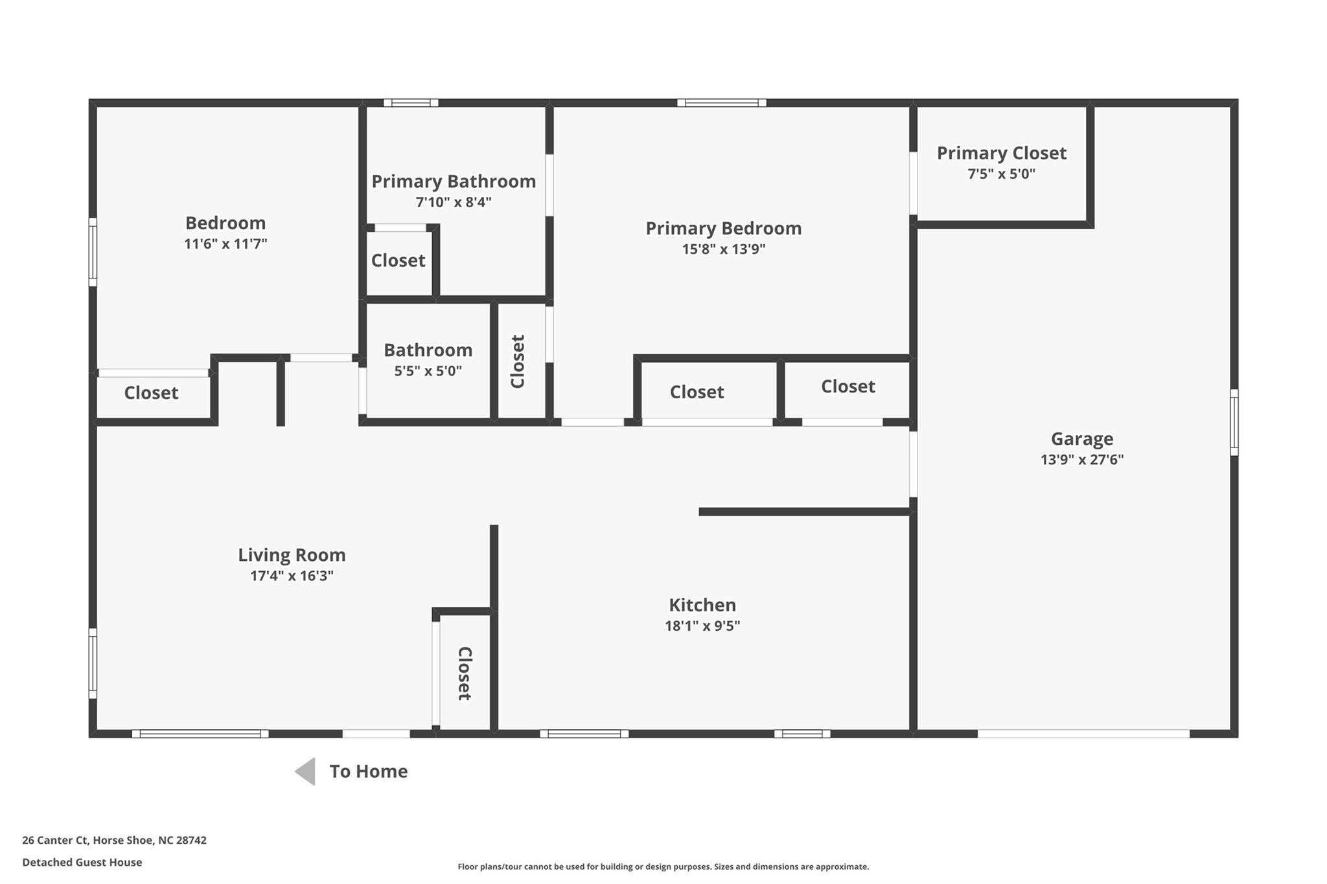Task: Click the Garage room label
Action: tap(1081, 439)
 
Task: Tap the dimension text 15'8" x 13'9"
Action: tap(723, 249)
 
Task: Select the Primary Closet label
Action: tap(1001, 153)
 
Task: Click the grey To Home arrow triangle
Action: tap(306, 771)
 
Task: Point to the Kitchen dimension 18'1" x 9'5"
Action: tap(702, 626)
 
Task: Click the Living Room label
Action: tap(292, 555)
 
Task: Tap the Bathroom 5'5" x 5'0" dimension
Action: tap(428, 371)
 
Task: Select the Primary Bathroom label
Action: tap(454, 181)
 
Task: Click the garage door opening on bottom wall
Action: tap(1083, 734)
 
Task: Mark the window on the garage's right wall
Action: tap(1234, 422)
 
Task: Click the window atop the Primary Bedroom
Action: tap(722, 102)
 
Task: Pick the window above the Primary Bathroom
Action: tap(411, 102)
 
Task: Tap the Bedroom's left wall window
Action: tap(93, 252)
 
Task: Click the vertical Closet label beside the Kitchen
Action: tap(464, 674)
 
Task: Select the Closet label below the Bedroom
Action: tap(151, 393)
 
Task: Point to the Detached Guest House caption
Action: tap(82, 862)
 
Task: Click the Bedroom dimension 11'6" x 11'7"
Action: tap(225, 244)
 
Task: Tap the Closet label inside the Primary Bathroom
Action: tap(398, 260)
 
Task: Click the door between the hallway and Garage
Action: tap(913, 464)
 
